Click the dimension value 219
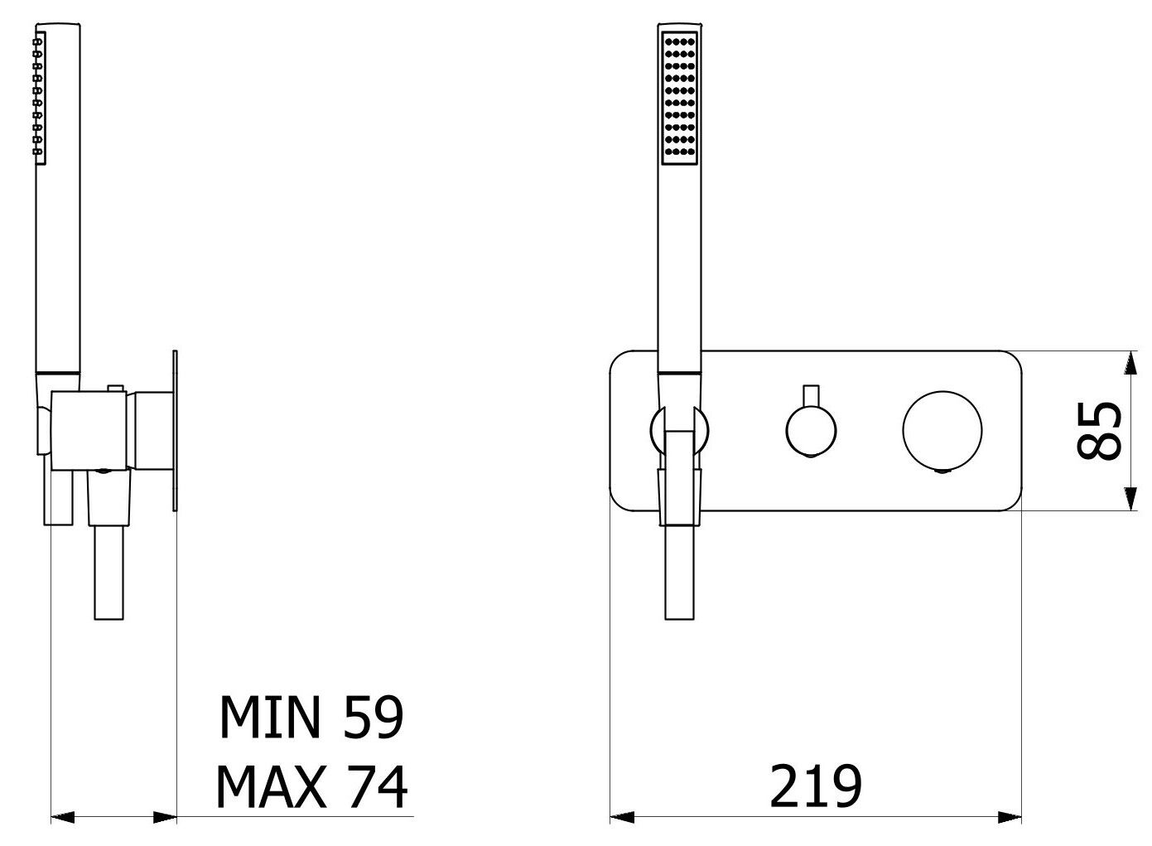(815, 786)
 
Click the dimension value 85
(1098, 430)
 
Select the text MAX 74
(311, 787)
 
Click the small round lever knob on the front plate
(811, 431)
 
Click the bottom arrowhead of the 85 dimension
(1130, 499)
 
